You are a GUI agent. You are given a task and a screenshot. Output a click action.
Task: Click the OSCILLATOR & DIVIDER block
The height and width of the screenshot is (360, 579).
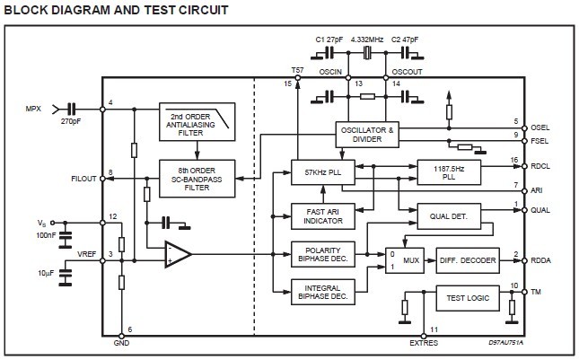(366, 134)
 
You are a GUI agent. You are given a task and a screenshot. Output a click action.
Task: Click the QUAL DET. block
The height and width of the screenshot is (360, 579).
(450, 215)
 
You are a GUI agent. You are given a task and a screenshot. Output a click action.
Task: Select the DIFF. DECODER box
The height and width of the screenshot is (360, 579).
(467, 259)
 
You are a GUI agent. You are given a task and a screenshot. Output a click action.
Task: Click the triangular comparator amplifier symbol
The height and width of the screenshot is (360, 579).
(178, 256)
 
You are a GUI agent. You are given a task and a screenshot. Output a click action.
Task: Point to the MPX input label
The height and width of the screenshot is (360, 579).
(33, 110)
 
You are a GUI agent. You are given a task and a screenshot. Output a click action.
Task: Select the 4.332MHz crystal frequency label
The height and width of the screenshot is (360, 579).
(366, 40)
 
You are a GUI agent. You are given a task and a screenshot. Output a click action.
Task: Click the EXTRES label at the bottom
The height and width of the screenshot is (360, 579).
(425, 343)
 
